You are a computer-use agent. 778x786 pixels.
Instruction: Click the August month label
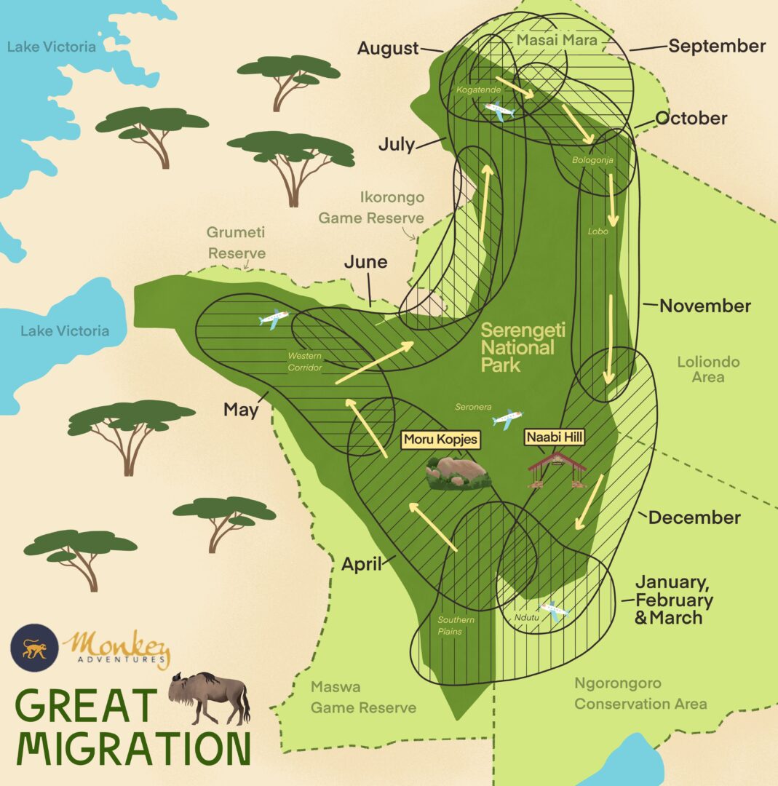(x=389, y=49)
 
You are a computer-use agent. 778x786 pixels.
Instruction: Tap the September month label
(x=717, y=47)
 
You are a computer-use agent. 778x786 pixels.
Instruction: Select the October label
(x=691, y=118)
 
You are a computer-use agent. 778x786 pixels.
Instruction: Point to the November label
(x=704, y=306)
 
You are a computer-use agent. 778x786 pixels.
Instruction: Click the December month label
(x=694, y=517)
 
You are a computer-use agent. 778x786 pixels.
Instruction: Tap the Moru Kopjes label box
(x=441, y=440)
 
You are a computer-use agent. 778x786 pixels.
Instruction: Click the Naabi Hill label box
(x=555, y=437)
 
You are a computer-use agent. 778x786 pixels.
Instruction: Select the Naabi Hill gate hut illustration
(x=557, y=469)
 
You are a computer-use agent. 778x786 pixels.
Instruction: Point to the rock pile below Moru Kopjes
(x=458, y=473)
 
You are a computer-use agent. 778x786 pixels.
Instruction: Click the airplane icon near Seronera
(x=507, y=419)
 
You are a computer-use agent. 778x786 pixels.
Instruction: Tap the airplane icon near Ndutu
(x=554, y=610)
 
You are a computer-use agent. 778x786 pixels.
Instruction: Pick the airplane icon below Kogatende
(x=499, y=111)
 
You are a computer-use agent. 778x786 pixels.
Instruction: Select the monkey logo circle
(x=34, y=648)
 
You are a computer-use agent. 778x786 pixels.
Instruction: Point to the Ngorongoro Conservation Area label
(x=640, y=694)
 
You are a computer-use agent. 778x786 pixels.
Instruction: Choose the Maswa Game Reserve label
(x=363, y=696)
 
